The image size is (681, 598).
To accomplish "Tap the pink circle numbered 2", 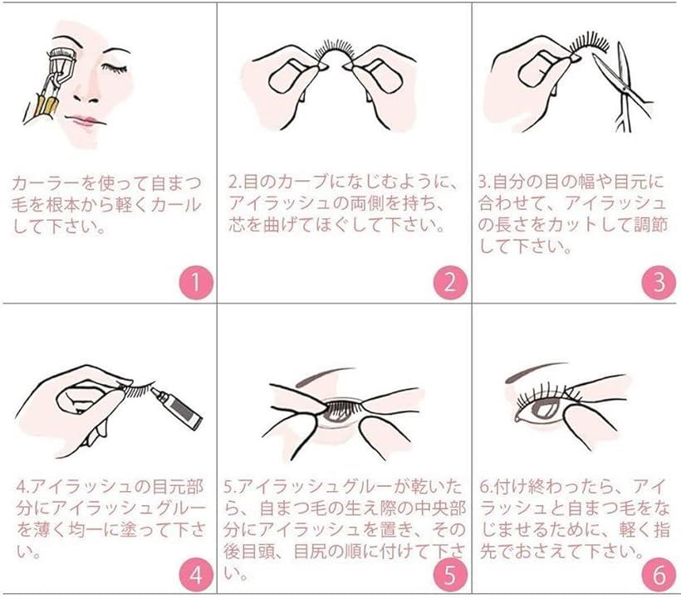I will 449,283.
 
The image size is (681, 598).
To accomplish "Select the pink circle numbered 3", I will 659,283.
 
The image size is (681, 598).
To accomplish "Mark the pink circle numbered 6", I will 659,574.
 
